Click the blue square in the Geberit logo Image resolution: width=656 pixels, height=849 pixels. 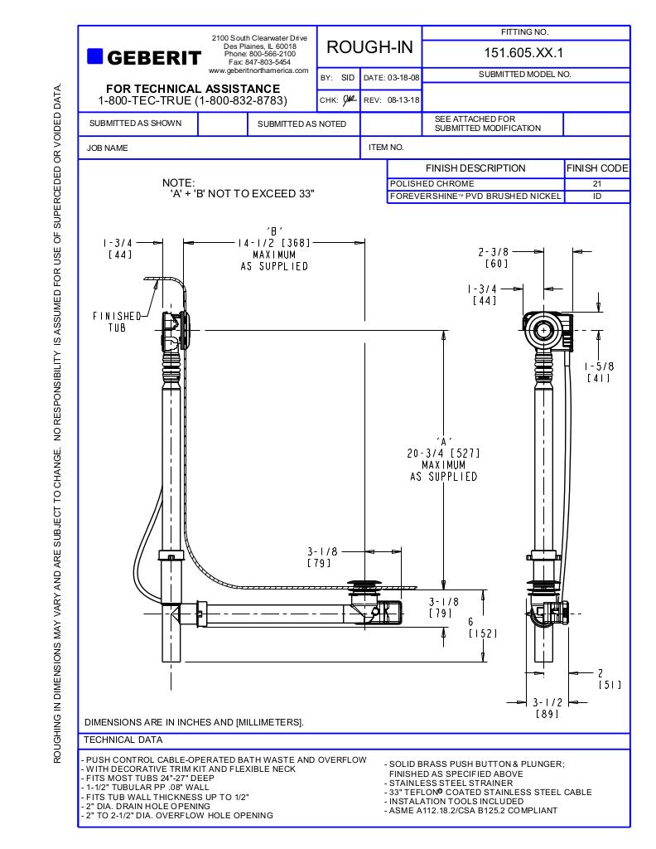point(94,56)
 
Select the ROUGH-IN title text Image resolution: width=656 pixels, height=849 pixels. point(369,47)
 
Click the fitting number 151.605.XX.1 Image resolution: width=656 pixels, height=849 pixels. point(525,53)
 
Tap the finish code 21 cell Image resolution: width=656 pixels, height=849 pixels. point(596,184)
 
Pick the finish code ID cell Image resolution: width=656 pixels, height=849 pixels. point(596,197)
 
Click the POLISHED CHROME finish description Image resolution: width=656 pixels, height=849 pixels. point(432,184)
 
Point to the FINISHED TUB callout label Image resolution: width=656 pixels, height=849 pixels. point(117,322)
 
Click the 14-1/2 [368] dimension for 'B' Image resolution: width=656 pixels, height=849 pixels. point(274,243)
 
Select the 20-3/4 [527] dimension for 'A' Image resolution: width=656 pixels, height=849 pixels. point(444,454)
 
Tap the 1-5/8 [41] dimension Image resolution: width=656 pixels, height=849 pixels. point(598,372)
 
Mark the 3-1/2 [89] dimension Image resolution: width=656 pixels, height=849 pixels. point(547,707)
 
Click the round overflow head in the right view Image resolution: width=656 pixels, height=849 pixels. point(543,329)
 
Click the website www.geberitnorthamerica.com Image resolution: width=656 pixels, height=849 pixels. point(258,70)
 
